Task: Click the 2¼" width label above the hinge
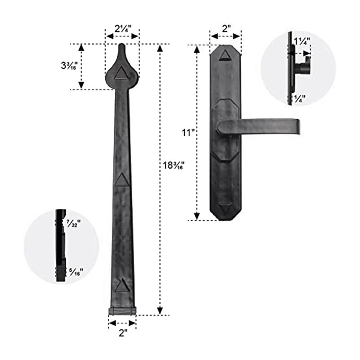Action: point(122,28)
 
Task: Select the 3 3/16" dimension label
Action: point(69,65)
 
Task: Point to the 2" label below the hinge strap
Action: point(122,333)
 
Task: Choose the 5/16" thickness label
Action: point(74,271)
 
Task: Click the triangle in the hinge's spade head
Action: point(121,73)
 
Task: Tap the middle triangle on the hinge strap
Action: point(120,180)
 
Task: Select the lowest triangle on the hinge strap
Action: point(121,286)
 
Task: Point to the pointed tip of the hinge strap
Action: point(122,45)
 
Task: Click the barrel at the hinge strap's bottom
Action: point(122,311)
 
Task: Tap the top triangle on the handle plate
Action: point(225,55)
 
